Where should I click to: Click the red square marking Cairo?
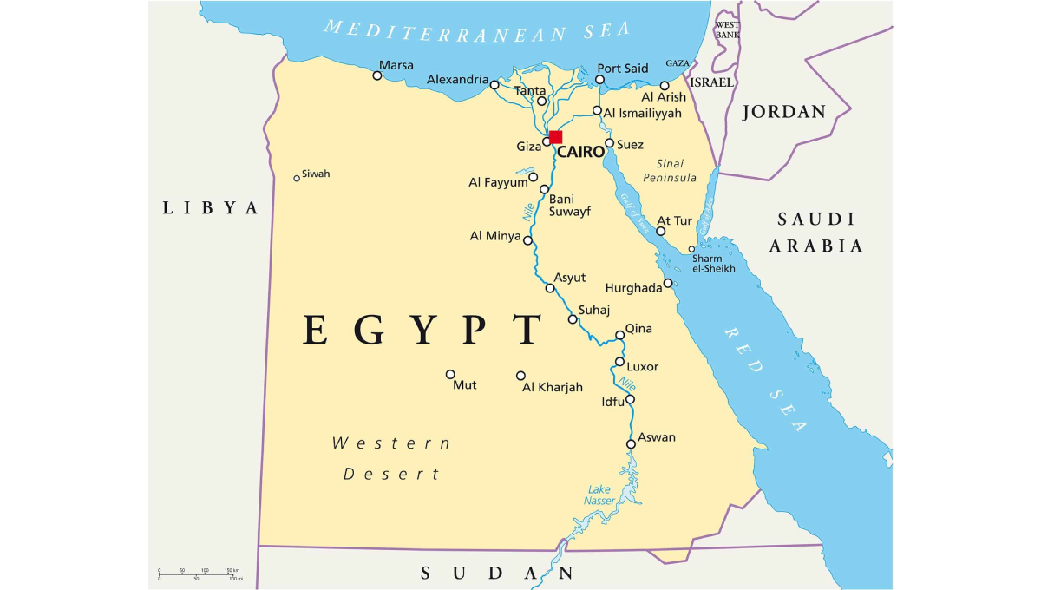pos(556,137)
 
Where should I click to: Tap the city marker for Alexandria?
pos(494,85)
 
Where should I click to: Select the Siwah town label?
pos(316,174)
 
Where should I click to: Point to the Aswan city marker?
pos(631,444)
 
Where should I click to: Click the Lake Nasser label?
pos(599,495)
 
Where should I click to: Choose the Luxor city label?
pos(642,367)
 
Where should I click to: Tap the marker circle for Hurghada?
pos(668,283)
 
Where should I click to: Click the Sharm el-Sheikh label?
pos(713,264)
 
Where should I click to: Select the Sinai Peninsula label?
pos(671,171)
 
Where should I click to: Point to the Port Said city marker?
pos(599,80)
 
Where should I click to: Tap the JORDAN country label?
pos(784,112)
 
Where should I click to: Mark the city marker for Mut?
pos(450,375)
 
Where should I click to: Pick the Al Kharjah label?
pos(553,387)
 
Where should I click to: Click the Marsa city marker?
pos(377,75)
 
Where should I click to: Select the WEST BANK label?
pos(727,29)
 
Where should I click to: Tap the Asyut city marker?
pos(550,288)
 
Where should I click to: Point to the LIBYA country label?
pos(211,208)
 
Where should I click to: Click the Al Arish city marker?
pos(665,86)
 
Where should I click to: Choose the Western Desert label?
pos(392,458)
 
